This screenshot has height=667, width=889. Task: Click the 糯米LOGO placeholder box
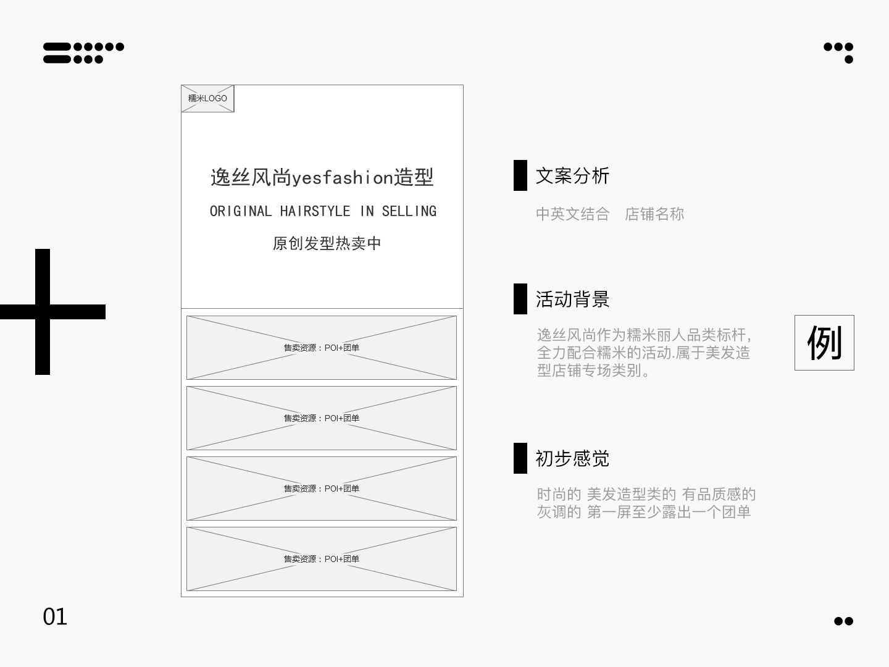coord(207,98)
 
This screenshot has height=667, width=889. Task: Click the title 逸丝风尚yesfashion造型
coord(322,177)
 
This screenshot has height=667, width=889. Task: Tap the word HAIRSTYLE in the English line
coord(315,211)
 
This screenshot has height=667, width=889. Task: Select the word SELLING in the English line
coord(409,211)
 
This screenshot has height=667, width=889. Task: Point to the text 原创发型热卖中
coord(327,243)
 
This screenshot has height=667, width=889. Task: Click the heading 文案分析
coord(572,176)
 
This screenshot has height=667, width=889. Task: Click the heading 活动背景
coord(572,300)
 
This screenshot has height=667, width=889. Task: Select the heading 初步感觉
coord(572,458)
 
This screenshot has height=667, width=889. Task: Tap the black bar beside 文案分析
coord(520,175)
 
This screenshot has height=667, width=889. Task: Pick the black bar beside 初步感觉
coord(520,458)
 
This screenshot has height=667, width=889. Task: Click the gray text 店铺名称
coord(654,214)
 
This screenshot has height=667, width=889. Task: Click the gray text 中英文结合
coord(573,214)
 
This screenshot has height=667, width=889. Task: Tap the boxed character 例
coord(824,343)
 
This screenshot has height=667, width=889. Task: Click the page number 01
coord(55,617)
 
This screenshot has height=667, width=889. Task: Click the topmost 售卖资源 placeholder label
coord(322,348)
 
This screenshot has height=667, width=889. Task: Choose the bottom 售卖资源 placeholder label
coord(322,559)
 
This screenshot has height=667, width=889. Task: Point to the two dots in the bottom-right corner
coord(844,621)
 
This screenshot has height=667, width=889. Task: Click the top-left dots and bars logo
coord(83,53)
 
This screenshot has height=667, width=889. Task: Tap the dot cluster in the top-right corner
coord(838,53)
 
